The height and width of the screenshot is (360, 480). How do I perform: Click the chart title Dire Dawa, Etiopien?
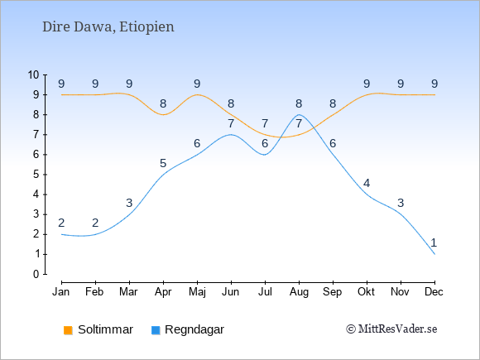[108, 27]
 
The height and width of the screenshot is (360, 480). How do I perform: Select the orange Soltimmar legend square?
[68, 330]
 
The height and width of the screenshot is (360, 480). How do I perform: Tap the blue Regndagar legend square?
[156, 330]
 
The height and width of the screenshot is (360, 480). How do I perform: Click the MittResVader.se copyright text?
[391, 329]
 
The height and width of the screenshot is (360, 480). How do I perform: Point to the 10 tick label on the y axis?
[34, 74]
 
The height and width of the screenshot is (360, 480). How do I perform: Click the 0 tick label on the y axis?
[36, 274]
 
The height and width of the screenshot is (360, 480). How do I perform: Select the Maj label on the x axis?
[197, 292]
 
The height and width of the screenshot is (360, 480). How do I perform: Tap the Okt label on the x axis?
[366, 292]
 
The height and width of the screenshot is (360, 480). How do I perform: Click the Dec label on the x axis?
[434, 292]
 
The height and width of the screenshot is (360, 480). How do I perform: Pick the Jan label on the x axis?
[61, 292]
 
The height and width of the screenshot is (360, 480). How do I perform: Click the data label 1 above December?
[434, 242]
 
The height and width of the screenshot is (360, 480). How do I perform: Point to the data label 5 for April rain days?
[163, 163]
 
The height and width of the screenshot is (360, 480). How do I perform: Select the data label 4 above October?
[367, 183]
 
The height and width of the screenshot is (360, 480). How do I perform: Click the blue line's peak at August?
[299, 115]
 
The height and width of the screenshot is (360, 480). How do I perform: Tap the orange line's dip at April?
[163, 115]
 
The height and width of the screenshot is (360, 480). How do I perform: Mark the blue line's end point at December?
[434, 254]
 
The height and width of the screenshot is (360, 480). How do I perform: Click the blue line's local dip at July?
[265, 155]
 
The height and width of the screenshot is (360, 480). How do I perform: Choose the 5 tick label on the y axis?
[36, 175]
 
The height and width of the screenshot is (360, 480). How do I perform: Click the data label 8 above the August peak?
[299, 103]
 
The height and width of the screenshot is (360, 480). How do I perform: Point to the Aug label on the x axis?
[299, 292]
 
